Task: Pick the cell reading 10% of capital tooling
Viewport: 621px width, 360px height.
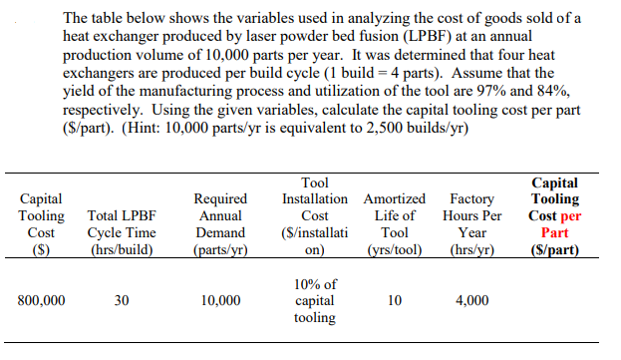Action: pyautogui.click(x=315, y=300)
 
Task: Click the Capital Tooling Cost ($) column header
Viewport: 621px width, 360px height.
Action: pyautogui.click(x=42, y=222)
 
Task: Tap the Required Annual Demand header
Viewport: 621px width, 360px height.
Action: pyautogui.click(x=220, y=222)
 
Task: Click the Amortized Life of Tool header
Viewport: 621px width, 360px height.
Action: pyautogui.click(x=394, y=222)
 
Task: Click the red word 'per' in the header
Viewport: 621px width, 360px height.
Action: pyautogui.click(x=571, y=214)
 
